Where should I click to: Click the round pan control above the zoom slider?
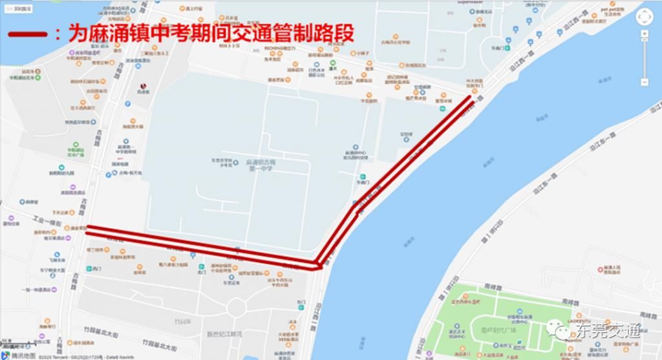point(645,17)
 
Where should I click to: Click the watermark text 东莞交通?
point(607,331)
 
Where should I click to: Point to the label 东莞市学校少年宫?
point(220,162)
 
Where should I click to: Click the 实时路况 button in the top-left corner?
point(18,8)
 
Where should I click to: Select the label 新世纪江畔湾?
point(224,334)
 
